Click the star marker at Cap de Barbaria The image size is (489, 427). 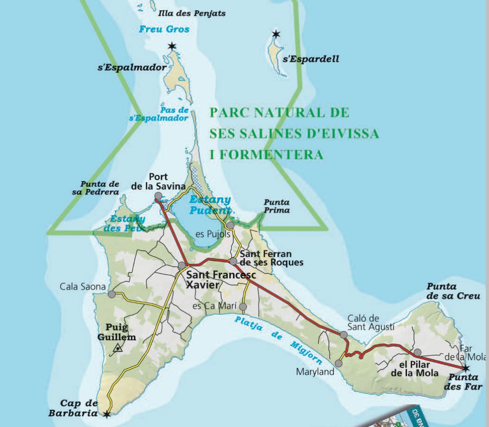pyautogui.click(x=107, y=414)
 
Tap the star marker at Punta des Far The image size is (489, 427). pyautogui.click(x=466, y=368)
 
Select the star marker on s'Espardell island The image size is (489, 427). pyautogui.click(x=276, y=34)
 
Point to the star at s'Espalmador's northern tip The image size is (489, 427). pyautogui.click(x=172, y=46)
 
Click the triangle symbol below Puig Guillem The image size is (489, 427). pyautogui.click(x=119, y=347)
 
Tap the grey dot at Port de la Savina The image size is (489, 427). pyautogui.click(x=158, y=197)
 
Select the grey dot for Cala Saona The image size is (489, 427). pyautogui.click(x=112, y=294)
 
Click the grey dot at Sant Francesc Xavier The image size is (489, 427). pyautogui.click(x=182, y=265)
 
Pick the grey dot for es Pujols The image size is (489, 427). pyautogui.click(x=230, y=225)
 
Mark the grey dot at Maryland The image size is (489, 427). pyautogui.click(x=339, y=364)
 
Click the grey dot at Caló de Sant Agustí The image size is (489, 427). pyautogui.click(x=343, y=334)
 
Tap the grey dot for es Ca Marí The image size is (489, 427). pyautogui.click(x=243, y=307)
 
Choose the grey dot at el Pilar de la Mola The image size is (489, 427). pyautogui.click(x=417, y=352)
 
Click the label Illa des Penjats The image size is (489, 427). pyautogui.click(x=192, y=13)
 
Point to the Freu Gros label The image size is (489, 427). pyautogui.click(x=164, y=29)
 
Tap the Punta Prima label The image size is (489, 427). pyautogui.click(x=277, y=206)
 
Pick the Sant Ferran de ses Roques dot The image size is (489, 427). pyautogui.click(x=233, y=261)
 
